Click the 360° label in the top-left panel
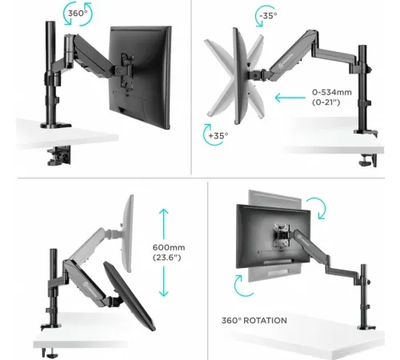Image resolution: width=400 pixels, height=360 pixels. point(78,13)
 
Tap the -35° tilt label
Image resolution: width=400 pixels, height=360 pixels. point(268,16)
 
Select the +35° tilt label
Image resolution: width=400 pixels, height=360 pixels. point(218,135)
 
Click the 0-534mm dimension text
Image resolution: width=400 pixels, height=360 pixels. point(332,92)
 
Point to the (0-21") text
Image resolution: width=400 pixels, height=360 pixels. point(326,102)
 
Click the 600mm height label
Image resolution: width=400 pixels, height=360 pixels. point(169,247)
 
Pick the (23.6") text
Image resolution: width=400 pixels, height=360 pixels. point(167,258)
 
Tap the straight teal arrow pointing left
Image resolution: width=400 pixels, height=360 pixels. point(290,98)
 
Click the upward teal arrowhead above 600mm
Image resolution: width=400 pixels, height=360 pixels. point(163,212)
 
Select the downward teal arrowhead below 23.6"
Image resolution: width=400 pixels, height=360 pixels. point(163,293)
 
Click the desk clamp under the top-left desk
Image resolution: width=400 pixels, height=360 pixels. point(59,155)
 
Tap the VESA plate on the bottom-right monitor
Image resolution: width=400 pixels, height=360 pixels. point(282,234)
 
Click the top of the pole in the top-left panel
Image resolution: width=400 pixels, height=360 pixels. point(50,23)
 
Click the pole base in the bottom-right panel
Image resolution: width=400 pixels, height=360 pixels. point(366,327)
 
